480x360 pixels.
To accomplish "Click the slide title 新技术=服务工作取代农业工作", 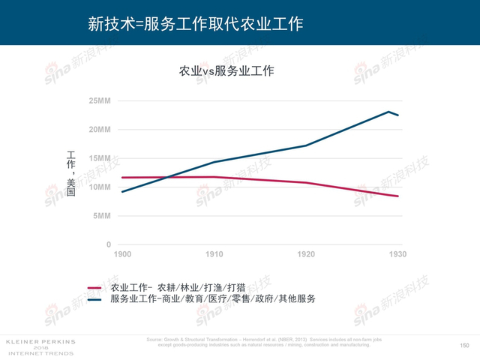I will point(195,24).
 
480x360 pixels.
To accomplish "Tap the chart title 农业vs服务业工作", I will point(226,71).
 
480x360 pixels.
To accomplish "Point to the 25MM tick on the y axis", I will point(99,100).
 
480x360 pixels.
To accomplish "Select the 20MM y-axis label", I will point(99,130).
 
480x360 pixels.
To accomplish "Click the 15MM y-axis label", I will point(99,158).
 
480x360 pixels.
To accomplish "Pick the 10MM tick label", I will point(99,187).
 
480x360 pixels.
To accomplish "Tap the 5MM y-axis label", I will point(102,216).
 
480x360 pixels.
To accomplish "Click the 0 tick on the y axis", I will point(108,244).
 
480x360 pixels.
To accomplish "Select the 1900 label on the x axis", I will point(121,255).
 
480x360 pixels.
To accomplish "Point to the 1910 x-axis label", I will point(214,255).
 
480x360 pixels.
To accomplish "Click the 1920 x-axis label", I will point(306,255).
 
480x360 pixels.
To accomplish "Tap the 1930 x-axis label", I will point(397,255).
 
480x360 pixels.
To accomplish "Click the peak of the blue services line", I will point(388,112).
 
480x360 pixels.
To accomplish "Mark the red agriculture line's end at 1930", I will point(398,196).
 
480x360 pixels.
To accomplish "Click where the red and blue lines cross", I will point(161,177).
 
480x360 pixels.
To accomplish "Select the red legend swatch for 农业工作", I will point(94,287).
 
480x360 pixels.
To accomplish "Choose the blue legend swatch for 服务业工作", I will point(94,299).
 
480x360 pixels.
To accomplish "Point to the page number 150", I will point(463,345).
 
